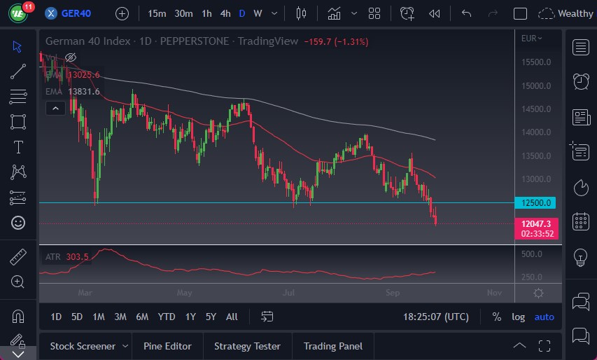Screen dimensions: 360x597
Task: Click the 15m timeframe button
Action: [x=157, y=13]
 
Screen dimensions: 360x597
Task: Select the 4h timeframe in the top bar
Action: [x=225, y=13]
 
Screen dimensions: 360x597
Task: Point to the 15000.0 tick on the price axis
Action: [x=537, y=86]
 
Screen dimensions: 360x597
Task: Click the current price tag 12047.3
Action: [x=537, y=223]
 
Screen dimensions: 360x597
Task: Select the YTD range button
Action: [x=167, y=317]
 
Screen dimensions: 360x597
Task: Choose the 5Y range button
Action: [x=211, y=317]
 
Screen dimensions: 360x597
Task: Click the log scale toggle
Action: [x=518, y=317]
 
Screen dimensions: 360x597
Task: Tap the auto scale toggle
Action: [x=544, y=317]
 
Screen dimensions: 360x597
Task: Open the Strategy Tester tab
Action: [x=247, y=346]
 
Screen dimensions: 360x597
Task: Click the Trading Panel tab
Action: [x=333, y=346]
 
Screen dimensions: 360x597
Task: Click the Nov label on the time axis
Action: [x=494, y=292]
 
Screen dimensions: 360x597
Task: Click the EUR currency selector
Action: [x=532, y=39]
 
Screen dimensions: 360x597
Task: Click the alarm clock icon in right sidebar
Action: [x=580, y=81]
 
